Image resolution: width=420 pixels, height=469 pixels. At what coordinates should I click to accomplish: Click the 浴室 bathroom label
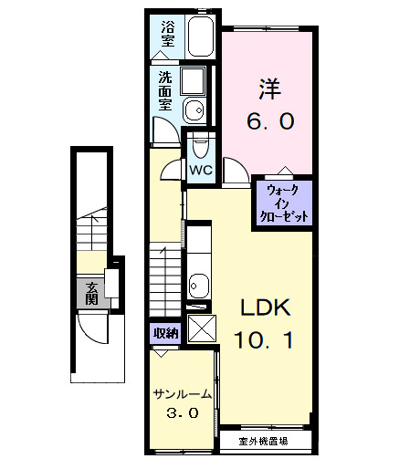coord(166,33)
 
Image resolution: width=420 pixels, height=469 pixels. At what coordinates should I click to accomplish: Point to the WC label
coord(200,170)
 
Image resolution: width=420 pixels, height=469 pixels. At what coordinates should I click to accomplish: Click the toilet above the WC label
coord(201,145)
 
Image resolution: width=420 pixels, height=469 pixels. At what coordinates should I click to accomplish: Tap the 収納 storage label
coord(165,333)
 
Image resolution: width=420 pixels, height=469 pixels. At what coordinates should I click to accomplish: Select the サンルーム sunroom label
coord(183,394)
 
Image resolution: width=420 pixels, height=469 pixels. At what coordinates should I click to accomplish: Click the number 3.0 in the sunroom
coord(183,412)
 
